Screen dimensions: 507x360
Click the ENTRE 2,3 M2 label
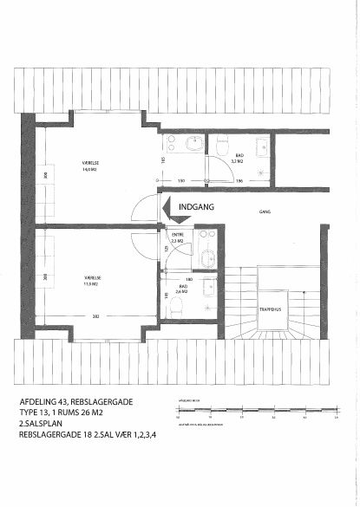[x=178, y=237]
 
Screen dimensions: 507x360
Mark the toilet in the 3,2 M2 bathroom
[x=222, y=143]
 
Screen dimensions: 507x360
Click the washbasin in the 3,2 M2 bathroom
[x=173, y=144]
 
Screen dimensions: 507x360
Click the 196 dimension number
[x=239, y=180]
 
